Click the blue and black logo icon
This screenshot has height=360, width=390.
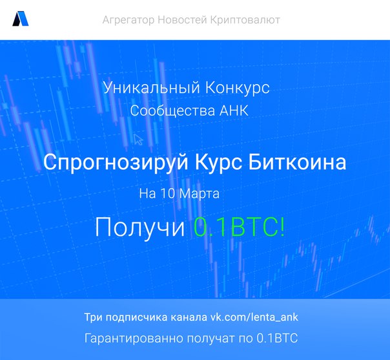(21, 19)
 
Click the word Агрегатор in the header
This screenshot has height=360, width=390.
(128, 20)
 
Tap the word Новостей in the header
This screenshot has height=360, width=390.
(182, 19)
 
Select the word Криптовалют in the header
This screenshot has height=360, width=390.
(245, 20)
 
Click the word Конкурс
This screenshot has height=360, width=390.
(238, 88)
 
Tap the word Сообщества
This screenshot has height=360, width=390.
(172, 111)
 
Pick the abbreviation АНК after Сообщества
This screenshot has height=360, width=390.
(234, 111)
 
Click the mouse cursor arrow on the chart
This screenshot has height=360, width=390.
(138, 139)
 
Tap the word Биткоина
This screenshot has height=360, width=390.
(297, 162)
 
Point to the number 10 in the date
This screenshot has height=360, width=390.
(168, 193)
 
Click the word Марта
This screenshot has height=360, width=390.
(200, 194)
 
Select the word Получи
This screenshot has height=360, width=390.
(139, 227)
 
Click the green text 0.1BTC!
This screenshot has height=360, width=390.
(239, 227)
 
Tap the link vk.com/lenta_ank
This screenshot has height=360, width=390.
(254, 317)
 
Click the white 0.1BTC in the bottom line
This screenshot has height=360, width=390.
(277, 338)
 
